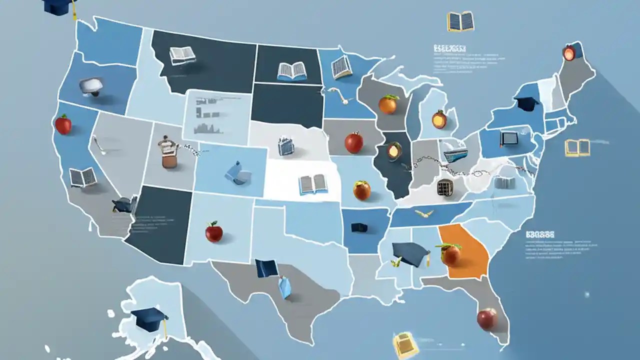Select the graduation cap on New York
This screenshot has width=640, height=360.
(x=526, y=103)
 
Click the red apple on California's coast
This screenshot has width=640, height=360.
(x=63, y=124)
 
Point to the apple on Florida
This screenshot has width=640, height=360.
(x=486, y=319)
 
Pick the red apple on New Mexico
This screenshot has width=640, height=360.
(x=214, y=232)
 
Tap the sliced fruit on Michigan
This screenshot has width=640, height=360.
(x=439, y=119)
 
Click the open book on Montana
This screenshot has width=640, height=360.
(x=182, y=55)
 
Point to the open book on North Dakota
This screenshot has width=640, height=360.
(x=292, y=71)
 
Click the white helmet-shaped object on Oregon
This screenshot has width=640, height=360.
(x=91, y=85)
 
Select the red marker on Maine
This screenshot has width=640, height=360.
(x=569, y=53)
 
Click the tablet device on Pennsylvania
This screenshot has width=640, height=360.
(x=508, y=138)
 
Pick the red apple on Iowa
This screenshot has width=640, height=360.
(x=354, y=142)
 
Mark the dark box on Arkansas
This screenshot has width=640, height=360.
(x=359, y=227)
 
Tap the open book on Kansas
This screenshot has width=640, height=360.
(x=313, y=184)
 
